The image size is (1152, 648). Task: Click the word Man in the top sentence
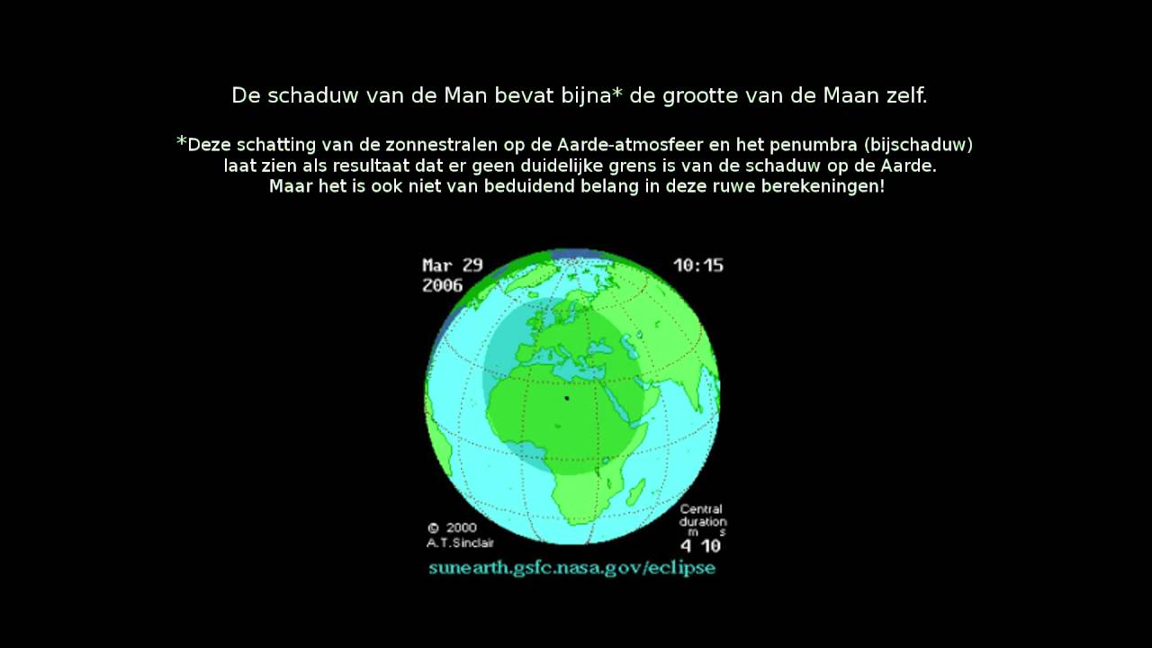pyautogui.click(x=465, y=95)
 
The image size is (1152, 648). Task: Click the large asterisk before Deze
pyautogui.click(x=182, y=143)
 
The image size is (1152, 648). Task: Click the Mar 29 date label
pyautogui.click(x=453, y=265)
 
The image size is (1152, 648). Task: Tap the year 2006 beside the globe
pyautogui.click(x=442, y=285)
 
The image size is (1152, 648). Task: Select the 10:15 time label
pyautogui.click(x=698, y=265)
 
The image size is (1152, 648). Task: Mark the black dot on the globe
pyautogui.click(x=567, y=398)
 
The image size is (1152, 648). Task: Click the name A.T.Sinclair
pyautogui.click(x=460, y=543)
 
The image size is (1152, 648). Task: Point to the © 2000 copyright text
pyautogui.click(x=452, y=528)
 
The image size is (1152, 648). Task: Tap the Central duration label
pyautogui.click(x=702, y=515)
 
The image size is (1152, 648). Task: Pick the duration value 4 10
pyautogui.click(x=700, y=545)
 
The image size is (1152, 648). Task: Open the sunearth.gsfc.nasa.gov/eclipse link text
pyautogui.click(x=571, y=568)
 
